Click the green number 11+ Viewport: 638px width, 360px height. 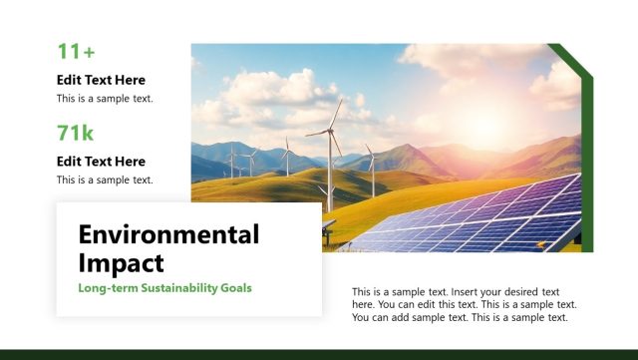pyautogui.click(x=76, y=51)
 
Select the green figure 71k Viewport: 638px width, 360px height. pyautogui.click(x=75, y=132)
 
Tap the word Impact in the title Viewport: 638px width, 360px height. pyautogui.click(x=121, y=263)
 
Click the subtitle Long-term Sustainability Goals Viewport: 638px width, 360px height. pyautogui.click(x=164, y=288)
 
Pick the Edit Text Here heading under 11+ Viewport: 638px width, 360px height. pyautogui.click(x=101, y=80)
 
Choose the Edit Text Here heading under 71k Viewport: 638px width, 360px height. pyautogui.click(x=101, y=162)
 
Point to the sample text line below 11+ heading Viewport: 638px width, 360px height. pyautogui.click(x=105, y=99)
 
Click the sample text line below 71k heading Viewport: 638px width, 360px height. pyautogui.click(x=105, y=180)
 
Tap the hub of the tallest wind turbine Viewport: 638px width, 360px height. pyautogui.click(x=330, y=130)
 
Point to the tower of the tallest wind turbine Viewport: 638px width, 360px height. pyautogui.click(x=330, y=170)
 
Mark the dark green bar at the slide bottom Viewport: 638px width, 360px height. pyautogui.click(x=319, y=355)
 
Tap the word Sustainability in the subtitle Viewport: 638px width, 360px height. pyautogui.click(x=177, y=288)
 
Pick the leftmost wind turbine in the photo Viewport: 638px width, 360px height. pyautogui.click(x=231, y=163)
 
